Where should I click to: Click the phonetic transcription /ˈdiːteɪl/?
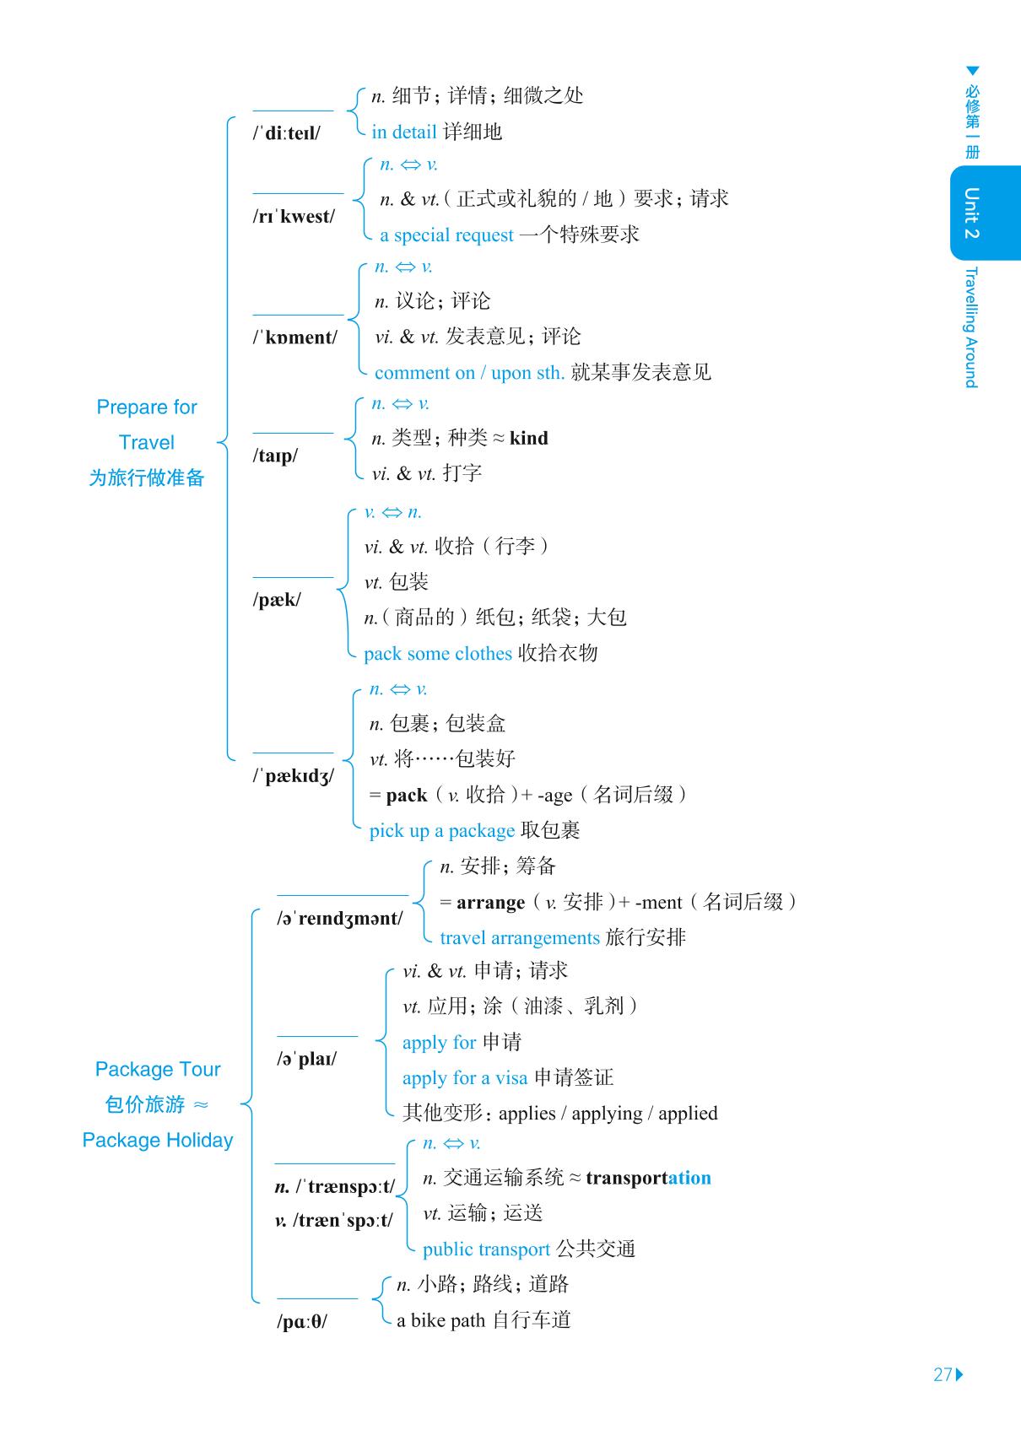(287, 133)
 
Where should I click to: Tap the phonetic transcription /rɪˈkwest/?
(294, 217)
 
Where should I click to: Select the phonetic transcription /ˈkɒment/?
(295, 337)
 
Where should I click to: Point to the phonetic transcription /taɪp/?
(275, 456)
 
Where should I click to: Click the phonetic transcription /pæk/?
(277, 600)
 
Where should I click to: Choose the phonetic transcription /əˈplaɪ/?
(306, 1059)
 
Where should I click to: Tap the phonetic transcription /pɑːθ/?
(302, 1321)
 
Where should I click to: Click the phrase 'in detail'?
(403, 132)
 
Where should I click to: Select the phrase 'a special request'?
(446, 235)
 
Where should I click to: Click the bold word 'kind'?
(529, 438)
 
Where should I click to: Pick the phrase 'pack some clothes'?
(438, 653)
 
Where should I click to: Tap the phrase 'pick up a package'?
(442, 830)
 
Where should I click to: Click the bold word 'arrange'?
(490, 902)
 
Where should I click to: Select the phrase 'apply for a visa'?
(465, 1077)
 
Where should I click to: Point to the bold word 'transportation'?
(648, 1178)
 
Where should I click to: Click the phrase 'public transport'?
(486, 1249)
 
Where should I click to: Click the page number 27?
(943, 1373)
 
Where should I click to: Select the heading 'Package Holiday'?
(158, 1140)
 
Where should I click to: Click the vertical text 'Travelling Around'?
(971, 327)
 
